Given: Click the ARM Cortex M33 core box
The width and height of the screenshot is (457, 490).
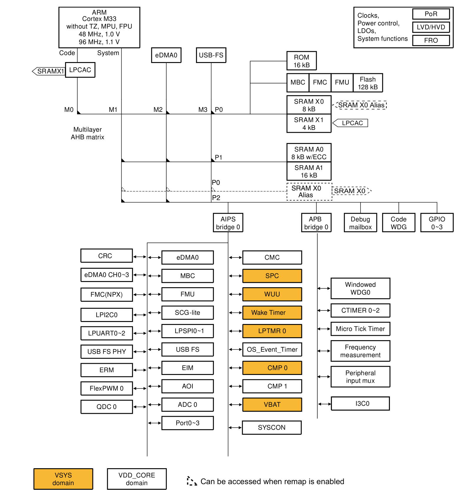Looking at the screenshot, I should (99, 27).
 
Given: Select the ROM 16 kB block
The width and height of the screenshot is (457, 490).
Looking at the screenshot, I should (301, 61).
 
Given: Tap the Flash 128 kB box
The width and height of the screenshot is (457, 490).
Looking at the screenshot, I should (368, 83).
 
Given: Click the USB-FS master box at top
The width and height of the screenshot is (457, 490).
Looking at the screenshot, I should (211, 55).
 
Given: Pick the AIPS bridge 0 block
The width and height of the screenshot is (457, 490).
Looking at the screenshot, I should (228, 223).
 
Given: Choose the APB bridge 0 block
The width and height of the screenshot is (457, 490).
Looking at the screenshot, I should (316, 223).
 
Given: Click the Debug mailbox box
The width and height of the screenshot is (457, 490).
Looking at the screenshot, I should (360, 223).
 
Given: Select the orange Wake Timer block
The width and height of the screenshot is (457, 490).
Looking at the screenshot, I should (272, 313).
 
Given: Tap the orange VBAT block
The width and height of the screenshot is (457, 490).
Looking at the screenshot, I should (272, 404).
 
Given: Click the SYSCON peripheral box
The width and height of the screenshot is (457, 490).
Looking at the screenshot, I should (272, 427).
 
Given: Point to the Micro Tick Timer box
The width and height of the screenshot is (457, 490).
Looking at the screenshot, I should (360, 329).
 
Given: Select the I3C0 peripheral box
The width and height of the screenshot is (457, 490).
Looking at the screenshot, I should (360, 403).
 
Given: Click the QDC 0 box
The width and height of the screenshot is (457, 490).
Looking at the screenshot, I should (107, 407).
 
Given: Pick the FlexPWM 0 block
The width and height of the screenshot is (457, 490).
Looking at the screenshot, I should (107, 388).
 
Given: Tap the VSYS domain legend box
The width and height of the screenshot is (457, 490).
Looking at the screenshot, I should (63, 479).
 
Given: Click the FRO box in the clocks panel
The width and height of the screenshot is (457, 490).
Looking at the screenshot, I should (431, 40).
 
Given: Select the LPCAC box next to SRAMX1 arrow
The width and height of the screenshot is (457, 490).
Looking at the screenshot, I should (80, 70).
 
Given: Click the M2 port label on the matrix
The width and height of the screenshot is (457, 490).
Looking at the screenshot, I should (158, 110).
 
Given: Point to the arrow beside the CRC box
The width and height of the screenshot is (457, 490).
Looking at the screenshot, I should (140, 257).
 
